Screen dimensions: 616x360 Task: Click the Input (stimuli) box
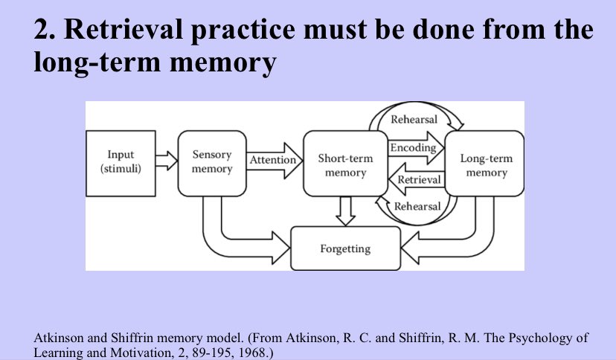point(121,164)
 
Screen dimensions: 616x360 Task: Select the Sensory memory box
point(212,164)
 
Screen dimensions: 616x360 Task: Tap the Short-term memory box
point(345,164)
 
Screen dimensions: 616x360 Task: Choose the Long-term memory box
point(484,164)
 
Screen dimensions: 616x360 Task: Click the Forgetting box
point(345,248)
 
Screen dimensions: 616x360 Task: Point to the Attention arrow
point(275,160)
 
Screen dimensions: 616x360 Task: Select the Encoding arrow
point(416,148)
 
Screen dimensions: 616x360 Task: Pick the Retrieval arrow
point(417,179)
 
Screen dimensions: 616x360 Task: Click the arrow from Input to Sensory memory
point(167,161)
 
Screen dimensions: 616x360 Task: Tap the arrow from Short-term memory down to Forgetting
point(346,211)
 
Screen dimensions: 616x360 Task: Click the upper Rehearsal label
point(414,119)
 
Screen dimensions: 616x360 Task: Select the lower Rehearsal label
point(417,207)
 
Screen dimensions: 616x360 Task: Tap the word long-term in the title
point(97,62)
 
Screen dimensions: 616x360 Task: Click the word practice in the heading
point(243,30)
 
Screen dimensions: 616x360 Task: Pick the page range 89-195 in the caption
point(212,352)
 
